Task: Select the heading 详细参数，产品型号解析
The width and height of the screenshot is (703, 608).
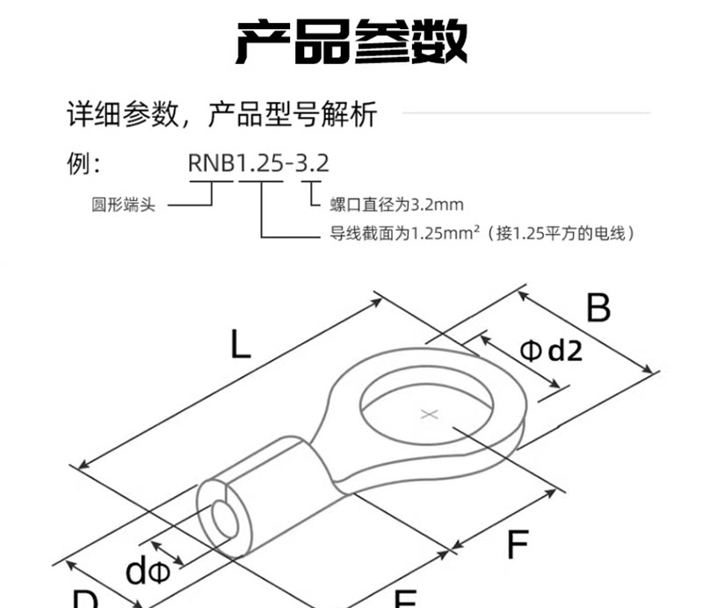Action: (x=222, y=114)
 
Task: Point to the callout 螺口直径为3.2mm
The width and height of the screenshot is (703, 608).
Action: (x=396, y=205)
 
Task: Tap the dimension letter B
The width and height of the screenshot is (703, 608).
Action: (x=598, y=308)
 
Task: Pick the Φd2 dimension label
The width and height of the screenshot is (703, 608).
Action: (x=551, y=351)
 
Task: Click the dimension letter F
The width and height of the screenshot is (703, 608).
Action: (x=518, y=546)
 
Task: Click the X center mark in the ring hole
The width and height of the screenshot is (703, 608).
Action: (x=429, y=414)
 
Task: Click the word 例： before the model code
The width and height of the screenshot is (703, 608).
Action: (x=85, y=163)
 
